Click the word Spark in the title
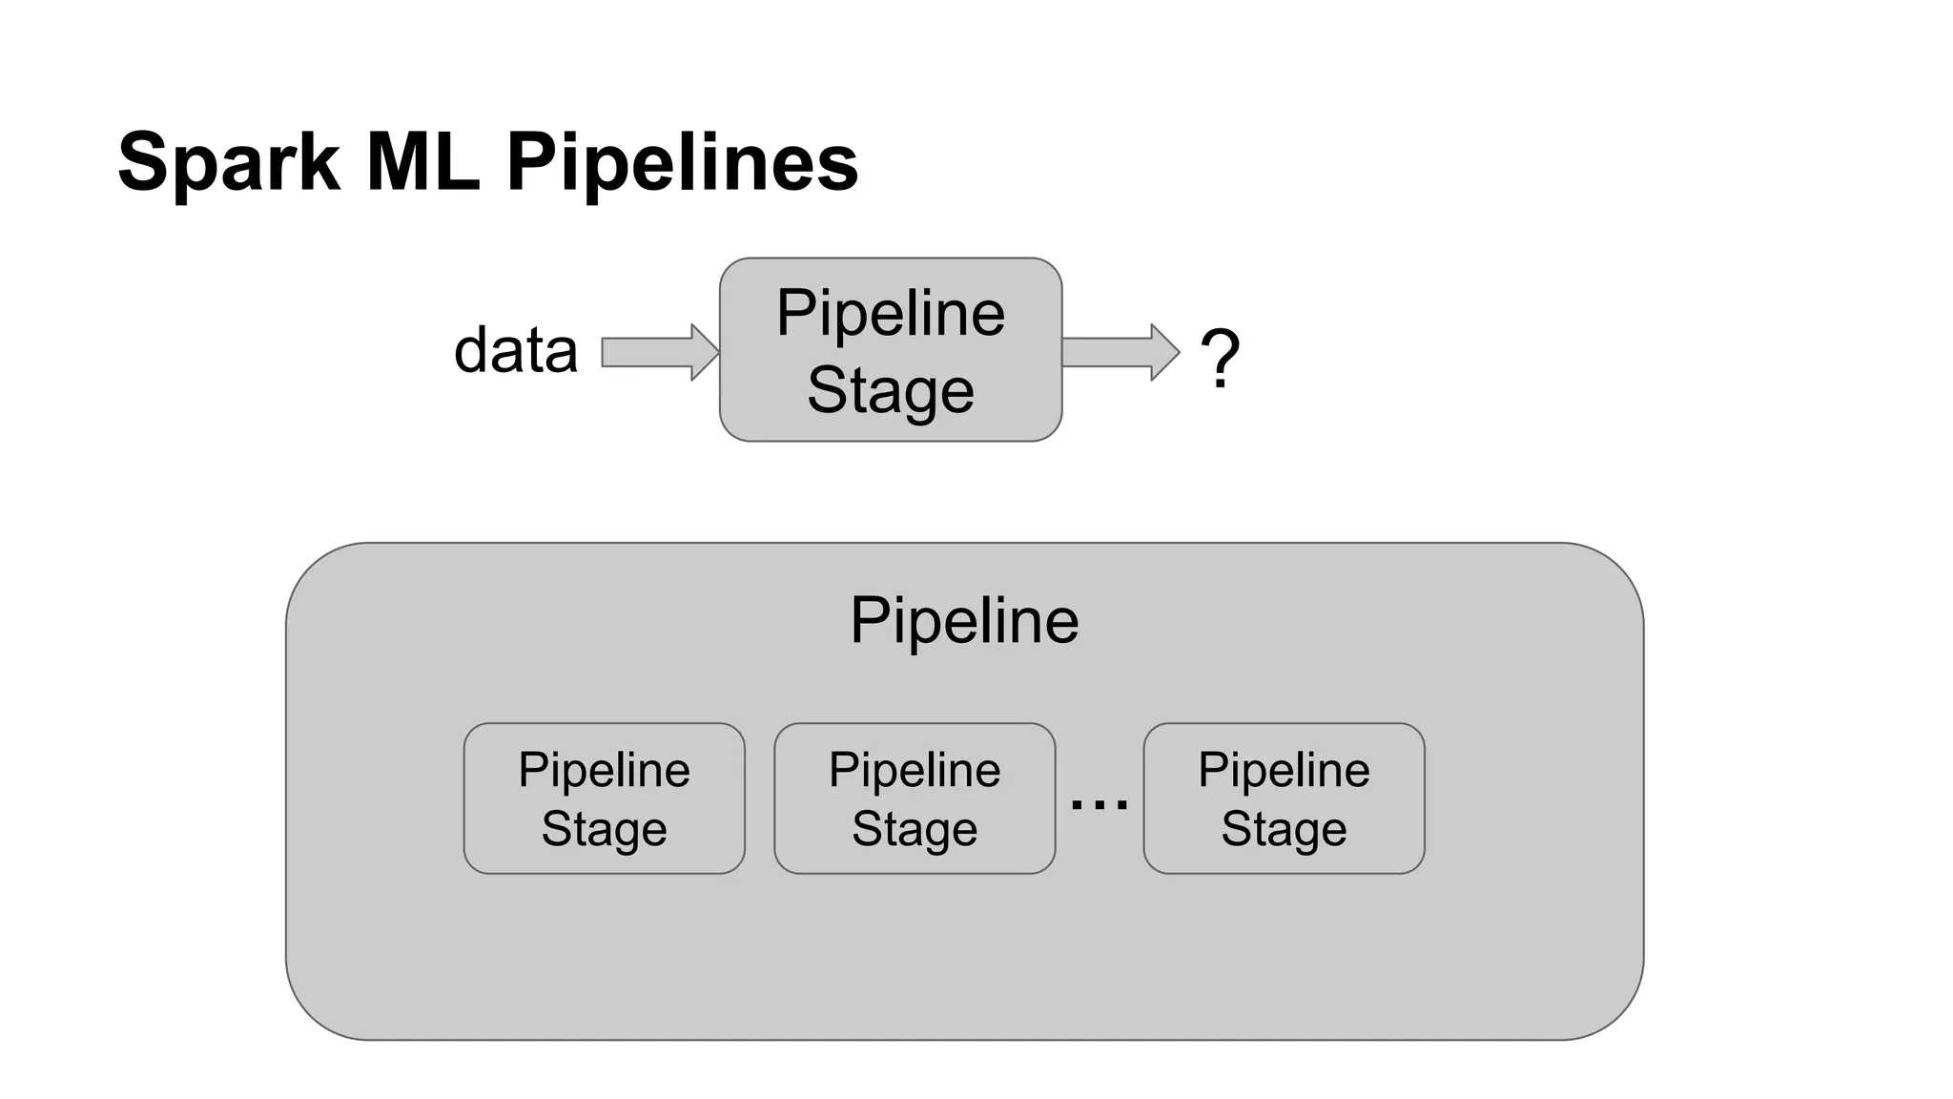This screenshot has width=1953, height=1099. click(x=229, y=162)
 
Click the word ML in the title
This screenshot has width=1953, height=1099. click(x=422, y=162)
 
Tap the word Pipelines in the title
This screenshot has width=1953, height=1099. click(x=682, y=162)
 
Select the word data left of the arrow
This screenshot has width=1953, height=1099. click(x=516, y=350)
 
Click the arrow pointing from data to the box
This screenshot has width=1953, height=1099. click(x=659, y=352)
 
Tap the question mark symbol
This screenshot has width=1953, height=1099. click(x=1220, y=358)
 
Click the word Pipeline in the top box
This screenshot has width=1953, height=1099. click(x=890, y=313)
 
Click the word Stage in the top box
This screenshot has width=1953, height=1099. click(x=890, y=389)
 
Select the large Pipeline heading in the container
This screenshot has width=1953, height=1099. click(x=964, y=620)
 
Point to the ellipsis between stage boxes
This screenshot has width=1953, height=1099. click(x=1099, y=805)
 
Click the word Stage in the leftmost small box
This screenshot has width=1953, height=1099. click(x=604, y=828)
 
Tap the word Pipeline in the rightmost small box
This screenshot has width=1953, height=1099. click(x=1284, y=770)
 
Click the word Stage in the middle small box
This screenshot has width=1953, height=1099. click(x=915, y=828)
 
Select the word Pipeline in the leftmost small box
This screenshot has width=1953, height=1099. click(x=604, y=770)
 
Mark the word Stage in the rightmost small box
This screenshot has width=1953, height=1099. click(x=1284, y=828)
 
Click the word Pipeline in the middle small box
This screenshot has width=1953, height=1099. click(x=915, y=770)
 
